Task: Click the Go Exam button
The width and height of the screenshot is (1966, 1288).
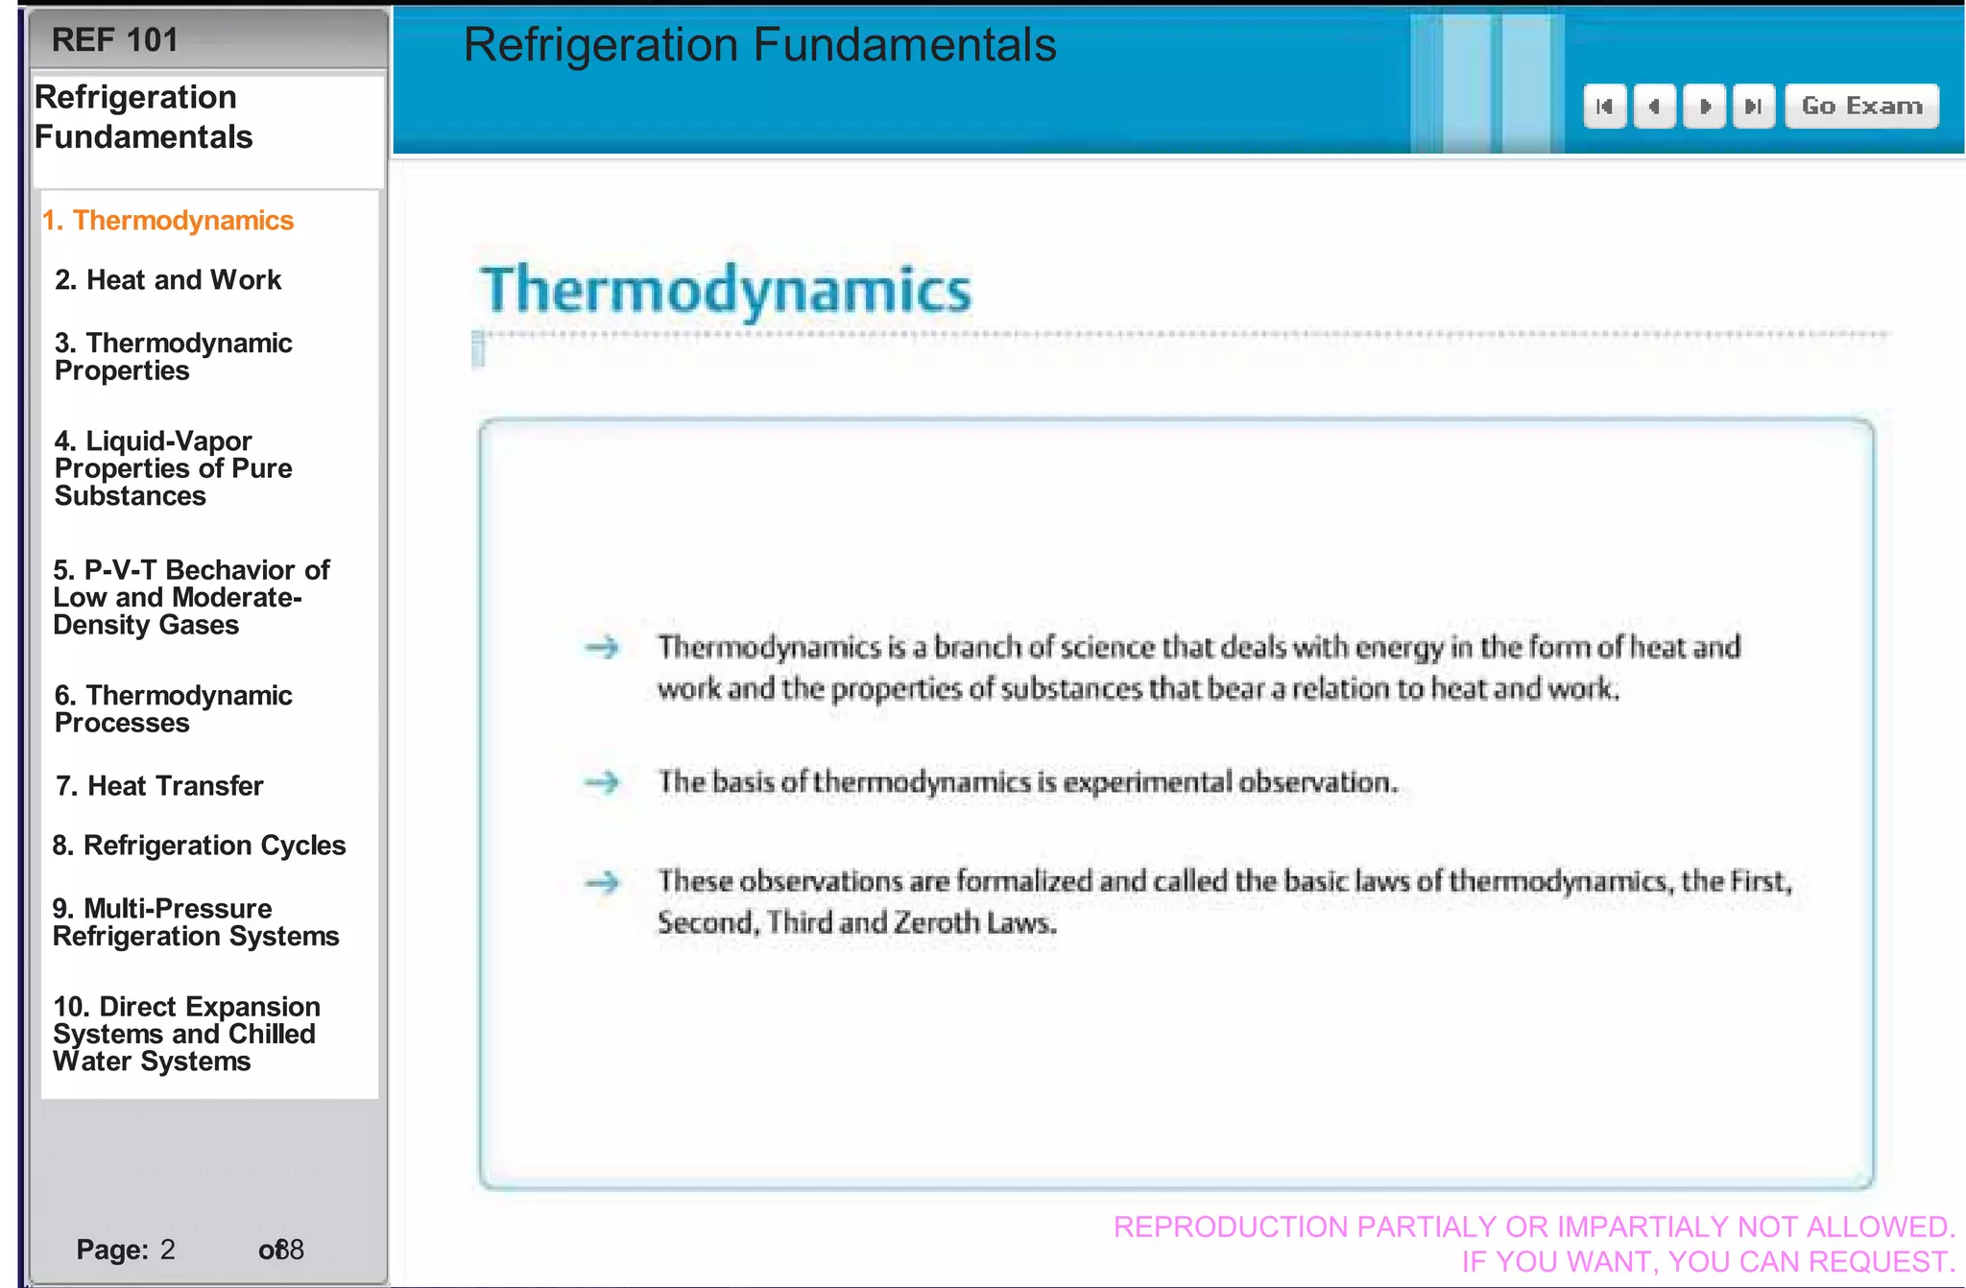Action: click(1861, 106)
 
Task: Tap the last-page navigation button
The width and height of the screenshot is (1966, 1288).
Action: click(1753, 106)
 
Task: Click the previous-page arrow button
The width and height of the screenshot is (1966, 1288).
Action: click(1654, 106)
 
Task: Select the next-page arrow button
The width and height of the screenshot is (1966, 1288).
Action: click(1705, 106)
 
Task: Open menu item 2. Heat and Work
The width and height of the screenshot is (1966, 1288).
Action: click(168, 280)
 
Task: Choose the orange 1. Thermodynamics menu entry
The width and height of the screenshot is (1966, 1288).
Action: click(168, 221)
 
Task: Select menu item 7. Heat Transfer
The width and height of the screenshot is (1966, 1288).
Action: click(159, 786)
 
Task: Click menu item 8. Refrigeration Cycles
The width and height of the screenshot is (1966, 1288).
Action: click(199, 846)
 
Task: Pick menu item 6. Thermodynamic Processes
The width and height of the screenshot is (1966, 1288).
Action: click(173, 708)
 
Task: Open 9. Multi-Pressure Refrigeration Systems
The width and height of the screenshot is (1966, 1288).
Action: click(196, 921)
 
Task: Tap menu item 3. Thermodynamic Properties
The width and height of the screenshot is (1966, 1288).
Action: click(173, 356)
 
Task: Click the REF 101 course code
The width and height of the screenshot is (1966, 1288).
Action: click(114, 40)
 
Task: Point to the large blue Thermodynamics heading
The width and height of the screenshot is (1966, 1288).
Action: click(726, 290)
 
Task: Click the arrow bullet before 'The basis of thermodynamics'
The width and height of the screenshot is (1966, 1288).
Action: click(603, 782)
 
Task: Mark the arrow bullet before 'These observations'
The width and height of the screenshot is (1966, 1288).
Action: click(603, 881)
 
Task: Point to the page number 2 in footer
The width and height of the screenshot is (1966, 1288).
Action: click(168, 1250)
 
